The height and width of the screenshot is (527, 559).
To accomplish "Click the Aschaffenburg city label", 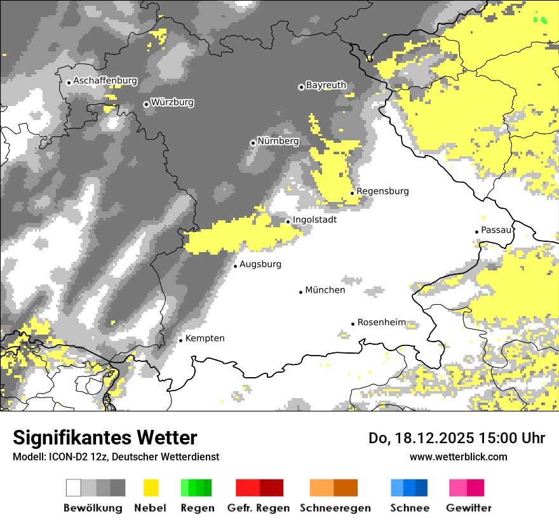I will click(x=105, y=81).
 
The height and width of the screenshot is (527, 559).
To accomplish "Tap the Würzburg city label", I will click(x=172, y=102).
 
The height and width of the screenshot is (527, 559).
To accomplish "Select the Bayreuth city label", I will click(x=326, y=85).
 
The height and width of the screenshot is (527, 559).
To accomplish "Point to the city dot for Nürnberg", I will click(x=253, y=143).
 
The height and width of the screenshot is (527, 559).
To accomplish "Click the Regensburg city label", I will click(x=382, y=191).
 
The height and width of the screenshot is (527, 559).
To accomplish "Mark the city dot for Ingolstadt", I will click(x=288, y=222).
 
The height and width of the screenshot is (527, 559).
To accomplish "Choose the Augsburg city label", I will click(x=260, y=264).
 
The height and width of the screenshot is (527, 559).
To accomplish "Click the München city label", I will click(x=325, y=290).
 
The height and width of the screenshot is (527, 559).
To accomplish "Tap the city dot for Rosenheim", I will click(x=353, y=324).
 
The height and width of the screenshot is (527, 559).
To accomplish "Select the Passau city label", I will click(x=496, y=230).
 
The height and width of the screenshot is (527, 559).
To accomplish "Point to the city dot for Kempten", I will click(x=180, y=340).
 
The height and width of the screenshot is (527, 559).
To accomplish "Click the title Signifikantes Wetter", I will click(x=105, y=437).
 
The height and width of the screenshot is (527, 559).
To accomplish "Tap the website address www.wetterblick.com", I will click(x=458, y=457).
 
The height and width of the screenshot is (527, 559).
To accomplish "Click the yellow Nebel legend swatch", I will click(x=151, y=488).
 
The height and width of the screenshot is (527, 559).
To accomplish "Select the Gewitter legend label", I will click(x=469, y=508).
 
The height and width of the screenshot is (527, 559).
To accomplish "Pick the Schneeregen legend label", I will click(x=335, y=508).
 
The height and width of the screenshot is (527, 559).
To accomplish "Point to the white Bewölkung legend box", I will click(x=74, y=488).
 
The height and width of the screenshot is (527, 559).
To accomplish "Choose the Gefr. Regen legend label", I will click(x=259, y=508).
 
